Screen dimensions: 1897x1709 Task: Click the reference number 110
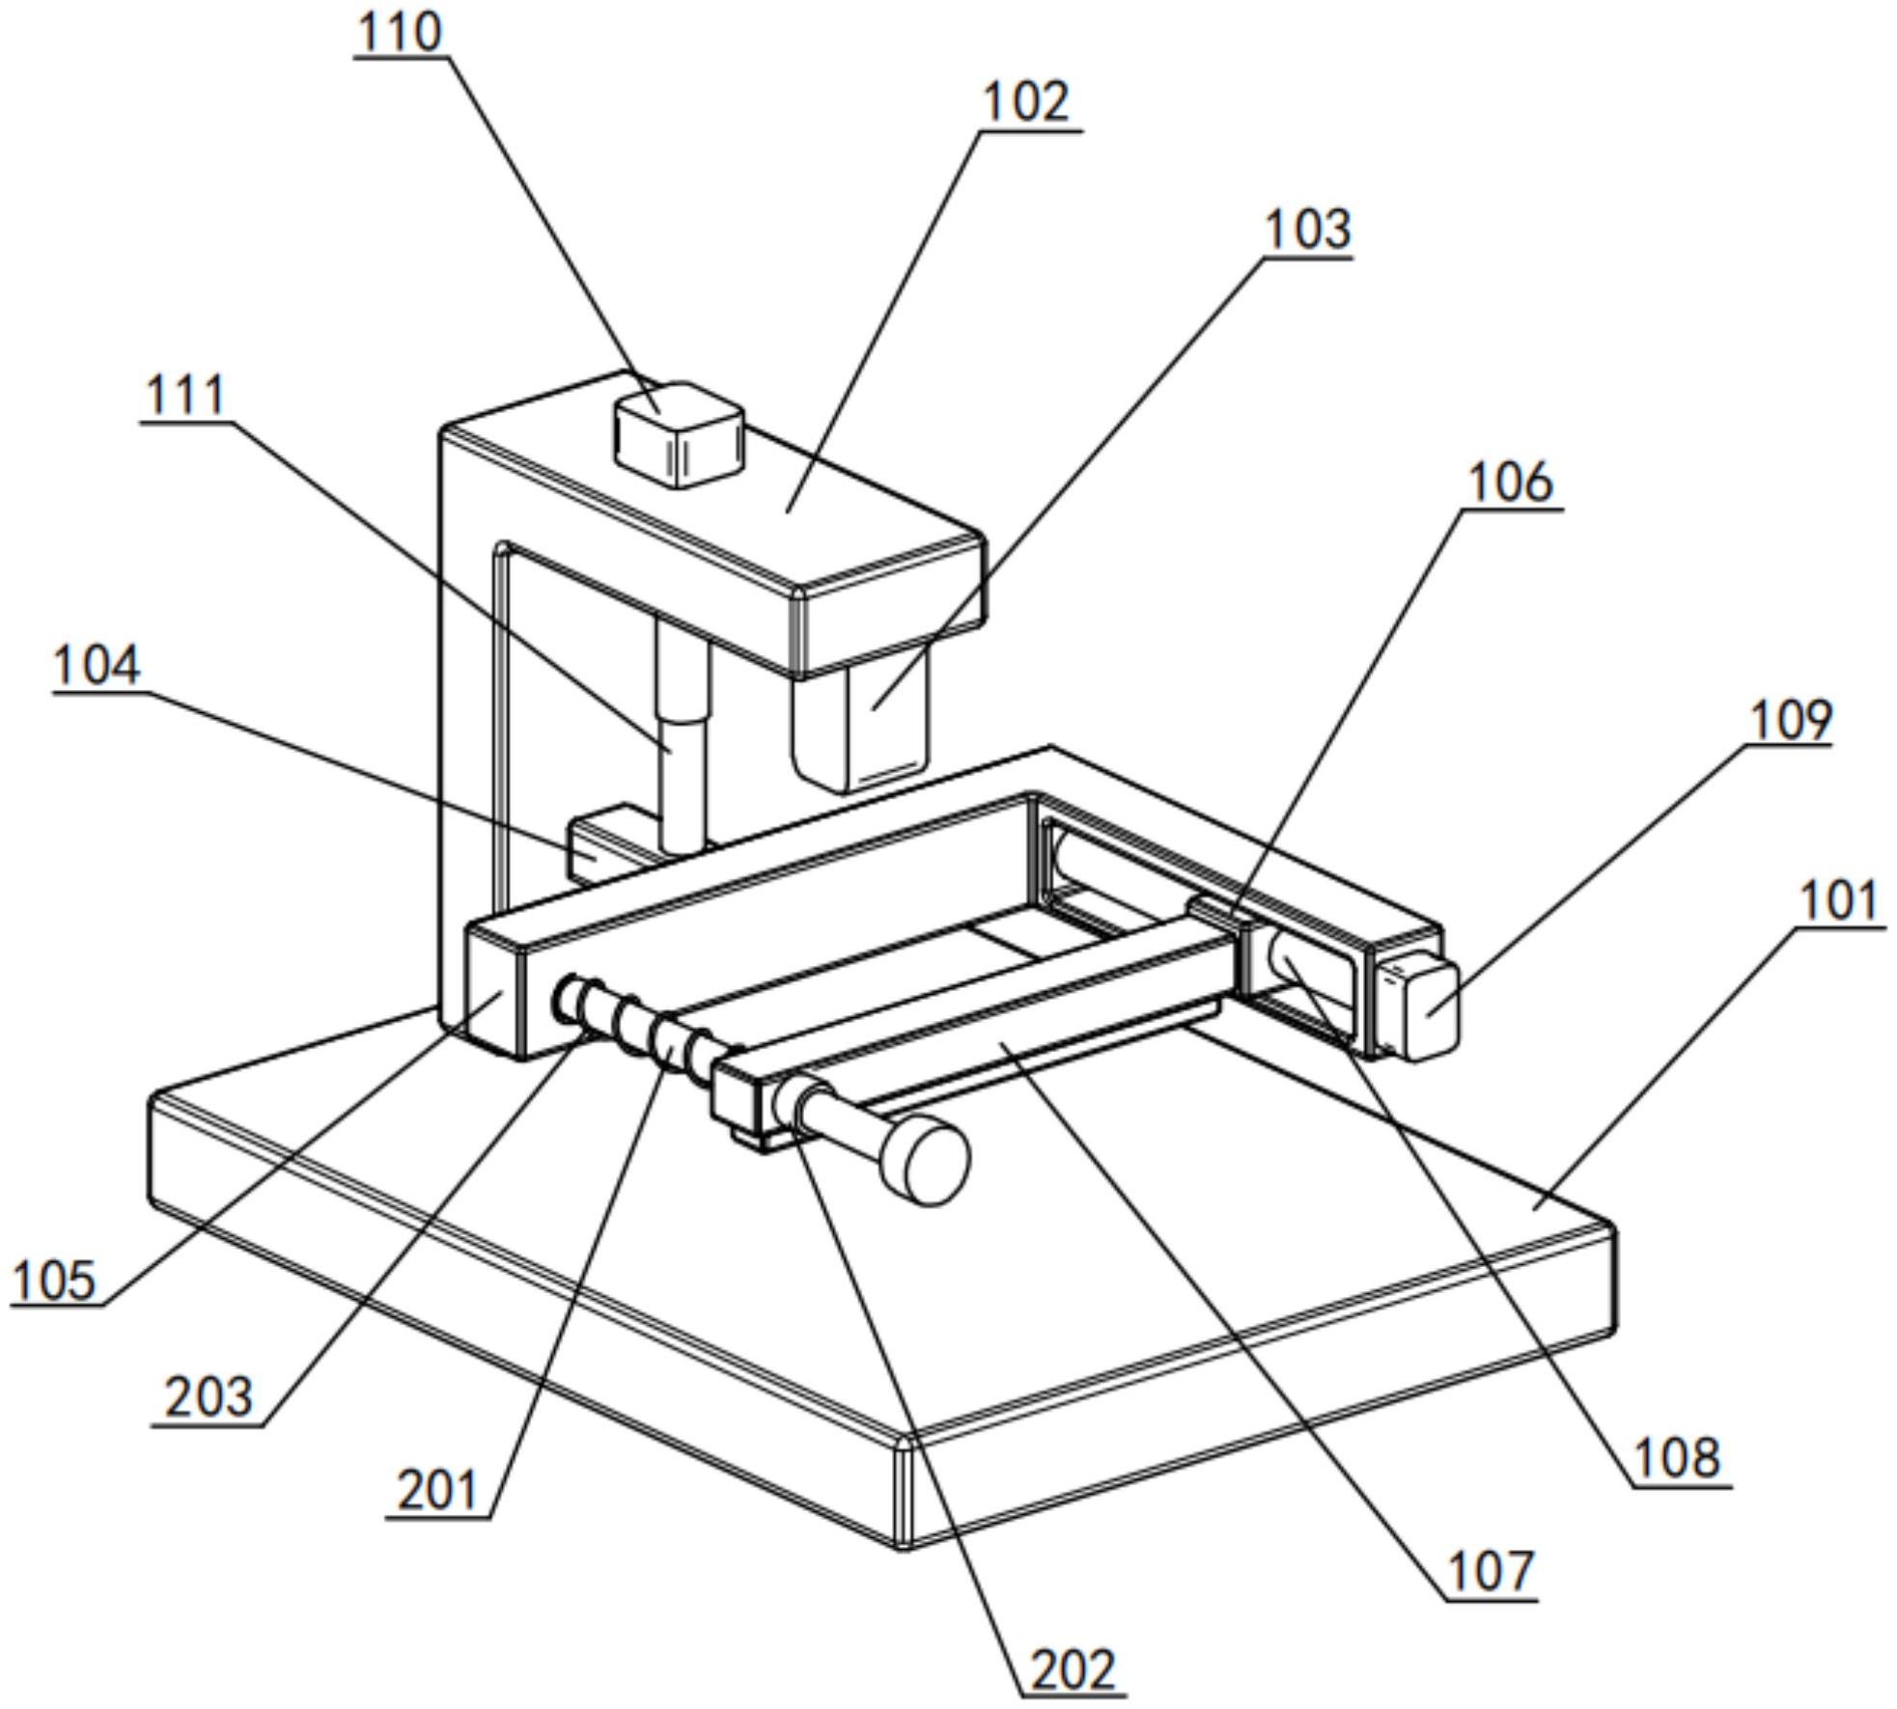coord(400,31)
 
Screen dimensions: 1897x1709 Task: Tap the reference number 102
coord(1026,102)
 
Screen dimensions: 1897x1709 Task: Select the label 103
coord(1308,230)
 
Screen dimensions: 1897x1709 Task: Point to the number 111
coord(185,395)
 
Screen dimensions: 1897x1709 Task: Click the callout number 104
coord(97,666)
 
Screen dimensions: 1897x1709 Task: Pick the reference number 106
coord(1510,482)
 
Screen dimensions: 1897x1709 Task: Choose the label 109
coord(1790,720)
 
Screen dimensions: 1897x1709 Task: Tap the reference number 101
coord(1840,901)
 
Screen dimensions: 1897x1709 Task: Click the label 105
coord(55,1282)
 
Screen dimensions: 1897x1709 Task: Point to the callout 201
coord(438,1490)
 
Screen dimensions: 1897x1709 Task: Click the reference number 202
coord(1073,1669)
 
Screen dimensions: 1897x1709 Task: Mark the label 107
coord(1492,1570)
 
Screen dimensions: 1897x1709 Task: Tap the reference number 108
coord(1678,1457)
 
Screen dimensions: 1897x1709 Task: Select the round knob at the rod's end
coord(928,1159)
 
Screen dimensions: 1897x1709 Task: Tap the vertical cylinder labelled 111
coord(683,734)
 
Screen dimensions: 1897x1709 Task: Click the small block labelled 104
coord(603,843)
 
